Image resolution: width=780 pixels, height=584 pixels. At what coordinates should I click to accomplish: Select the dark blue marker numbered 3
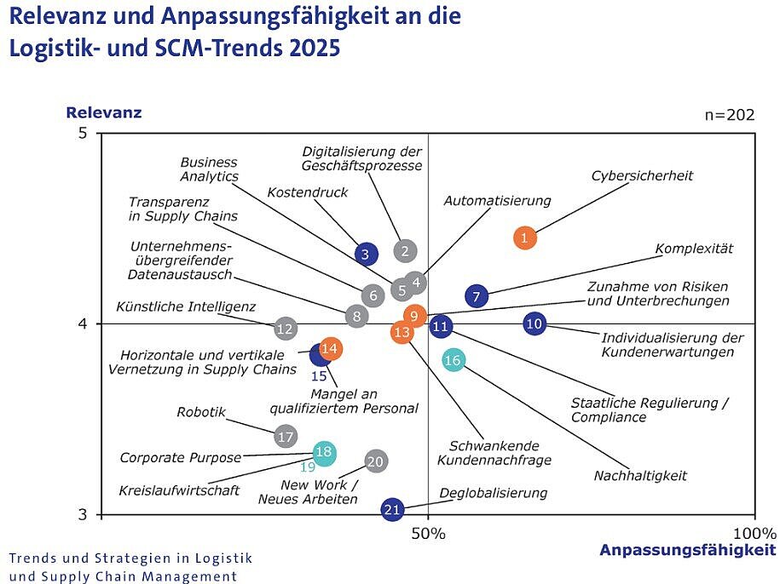tap(366, 253)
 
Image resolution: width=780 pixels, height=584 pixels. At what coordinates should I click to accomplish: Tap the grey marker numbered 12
tap(286, 329)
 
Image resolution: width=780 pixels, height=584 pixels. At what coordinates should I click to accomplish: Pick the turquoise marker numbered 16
tap(454, 361)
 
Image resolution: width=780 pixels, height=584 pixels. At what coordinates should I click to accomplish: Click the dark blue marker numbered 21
tap(392, 510)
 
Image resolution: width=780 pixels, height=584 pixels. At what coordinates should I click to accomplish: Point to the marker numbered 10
tap(534, 323)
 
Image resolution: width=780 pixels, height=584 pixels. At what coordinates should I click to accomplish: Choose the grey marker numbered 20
tap(376, 461)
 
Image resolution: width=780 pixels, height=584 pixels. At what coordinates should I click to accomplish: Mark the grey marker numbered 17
tap(286, 437)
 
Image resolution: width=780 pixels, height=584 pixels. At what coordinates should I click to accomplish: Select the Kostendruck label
tap(308, 192)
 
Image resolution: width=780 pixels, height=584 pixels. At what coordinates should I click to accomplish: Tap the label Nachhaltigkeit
tap(640, 476)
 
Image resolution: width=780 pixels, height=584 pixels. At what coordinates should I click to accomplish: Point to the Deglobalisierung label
tap(493, 493)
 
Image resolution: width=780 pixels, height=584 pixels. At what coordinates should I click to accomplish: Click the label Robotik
tap(201, 412)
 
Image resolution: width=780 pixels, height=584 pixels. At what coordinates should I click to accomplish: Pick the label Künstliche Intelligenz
tap(186, 306)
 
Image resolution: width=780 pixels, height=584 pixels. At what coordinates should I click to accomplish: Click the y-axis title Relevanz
tap(104, 112)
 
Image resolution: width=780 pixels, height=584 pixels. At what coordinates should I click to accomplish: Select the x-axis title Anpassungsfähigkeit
tap(687, 550)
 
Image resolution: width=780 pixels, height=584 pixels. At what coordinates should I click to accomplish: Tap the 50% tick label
tap(428, 534)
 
